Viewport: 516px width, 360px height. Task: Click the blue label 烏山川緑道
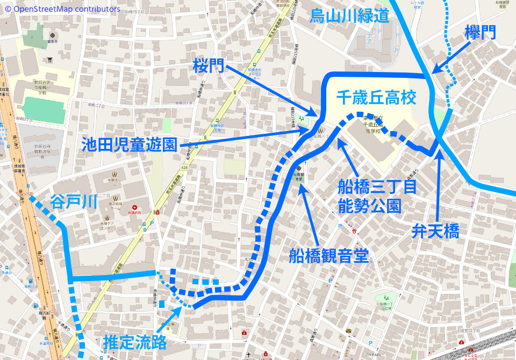(349, 16)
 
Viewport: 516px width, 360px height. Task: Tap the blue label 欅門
(480, 33)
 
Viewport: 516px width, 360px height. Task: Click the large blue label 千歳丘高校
(376, 98)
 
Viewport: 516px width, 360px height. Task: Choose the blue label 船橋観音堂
(328, 255)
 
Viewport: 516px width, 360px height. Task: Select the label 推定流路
(134, 342)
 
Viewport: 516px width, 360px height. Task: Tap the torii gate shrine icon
(50, 60)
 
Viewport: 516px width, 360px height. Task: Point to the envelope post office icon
(348, 330)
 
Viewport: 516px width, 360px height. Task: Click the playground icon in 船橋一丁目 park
(385, 297)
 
